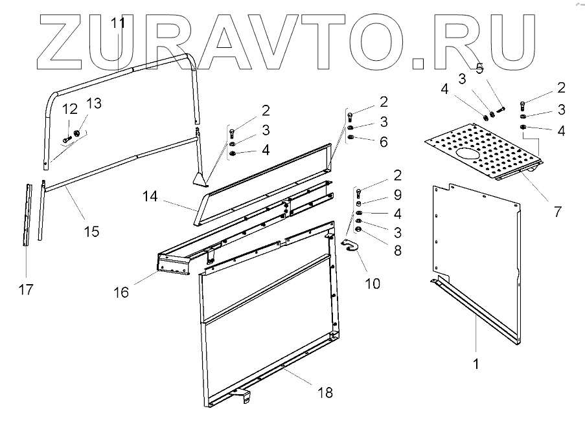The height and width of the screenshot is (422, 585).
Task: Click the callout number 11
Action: pyautogui.click(x=118, y=24)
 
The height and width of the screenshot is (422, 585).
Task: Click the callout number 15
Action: pyautogui.click(x=91, y=230)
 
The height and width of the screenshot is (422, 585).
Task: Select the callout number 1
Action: pyautogui.click(x=476, y=364)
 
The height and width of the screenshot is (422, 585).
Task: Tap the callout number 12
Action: pyautogui.click(x=70, y=109)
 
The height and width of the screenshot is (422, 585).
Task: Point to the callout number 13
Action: pyautogui.click(x=94, y=104)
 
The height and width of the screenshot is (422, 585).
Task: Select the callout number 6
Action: pyautogui.click(x=384, y=142)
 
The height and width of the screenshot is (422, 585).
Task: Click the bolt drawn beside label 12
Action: pyautogui.click(x=67, y=138)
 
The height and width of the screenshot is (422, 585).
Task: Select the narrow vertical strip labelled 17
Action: pyautogui.click(x=27, y=214)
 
